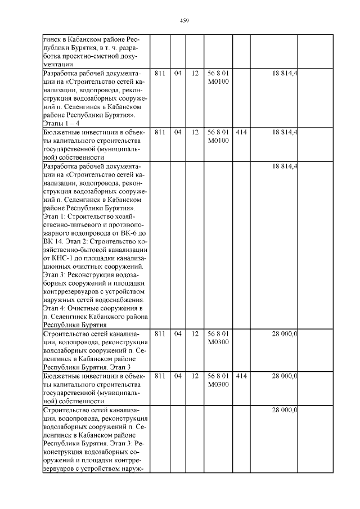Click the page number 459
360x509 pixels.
[x=184, y=21]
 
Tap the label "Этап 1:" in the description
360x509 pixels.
[x=55, y=215]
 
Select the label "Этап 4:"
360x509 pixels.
[x=56, y=308]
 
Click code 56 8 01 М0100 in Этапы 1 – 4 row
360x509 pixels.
[x=218, y=78]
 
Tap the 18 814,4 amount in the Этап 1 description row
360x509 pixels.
[x=285, y=166]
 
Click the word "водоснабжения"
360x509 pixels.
[x=119, y=300]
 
